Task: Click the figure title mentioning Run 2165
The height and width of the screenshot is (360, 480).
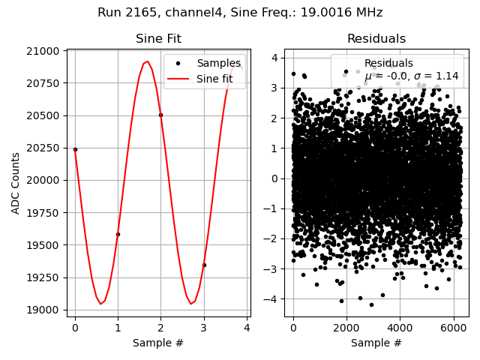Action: (x=240, y=13)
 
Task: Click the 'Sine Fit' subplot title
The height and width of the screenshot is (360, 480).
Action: (x=158, y=39)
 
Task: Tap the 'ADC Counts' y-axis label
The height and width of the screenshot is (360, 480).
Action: (x=16, y=183)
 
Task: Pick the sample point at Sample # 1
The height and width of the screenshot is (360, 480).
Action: (x=118, y=234)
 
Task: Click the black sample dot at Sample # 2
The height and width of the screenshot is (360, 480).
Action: (x=160, y=115)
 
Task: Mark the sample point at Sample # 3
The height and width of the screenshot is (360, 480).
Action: (x=204, y=265)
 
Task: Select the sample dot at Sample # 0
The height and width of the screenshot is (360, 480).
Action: (x=75, y=149)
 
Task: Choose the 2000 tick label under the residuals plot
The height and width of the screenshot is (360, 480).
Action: (x=346, y=328)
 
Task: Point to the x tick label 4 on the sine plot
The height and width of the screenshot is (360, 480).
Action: (x=247, y=328)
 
